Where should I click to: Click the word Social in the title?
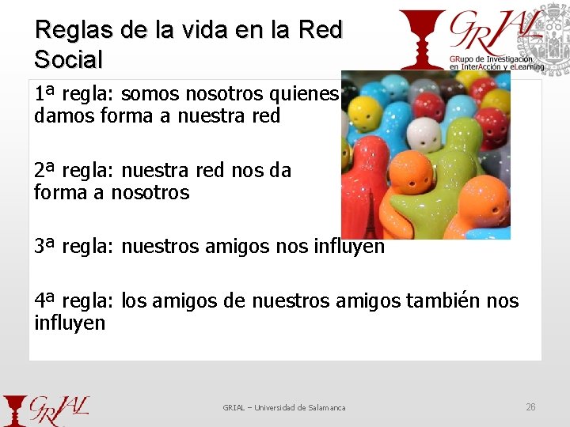coord(69,59)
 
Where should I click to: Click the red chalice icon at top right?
coord(421,39)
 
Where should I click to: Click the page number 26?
coord(530,406)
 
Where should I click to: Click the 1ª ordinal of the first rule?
coord(45,94)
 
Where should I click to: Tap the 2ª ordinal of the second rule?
coord(45,170)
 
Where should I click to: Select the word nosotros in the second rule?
coord(150,192)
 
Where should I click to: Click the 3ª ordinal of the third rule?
coord(45,246)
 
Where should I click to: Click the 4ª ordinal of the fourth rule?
coord(45,300)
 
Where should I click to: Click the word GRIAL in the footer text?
coord(234,407)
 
